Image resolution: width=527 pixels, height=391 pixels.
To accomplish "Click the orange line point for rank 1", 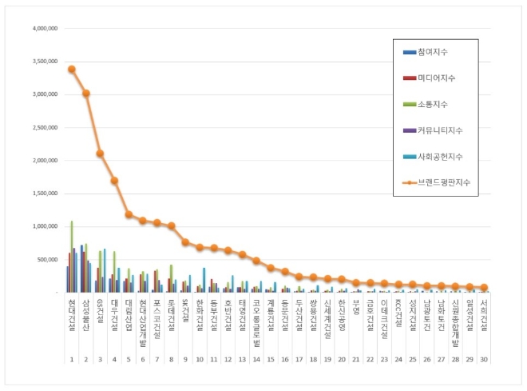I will [71, 69].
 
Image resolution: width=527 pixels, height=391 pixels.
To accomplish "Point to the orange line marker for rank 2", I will [85, 93].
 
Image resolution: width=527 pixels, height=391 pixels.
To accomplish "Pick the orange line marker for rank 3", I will [100, 154].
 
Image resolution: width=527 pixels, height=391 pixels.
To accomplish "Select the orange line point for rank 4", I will [114, 181].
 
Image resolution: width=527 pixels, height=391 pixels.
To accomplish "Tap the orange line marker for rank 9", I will [185, 242].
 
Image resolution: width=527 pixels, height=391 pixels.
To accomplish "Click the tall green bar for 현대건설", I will [72, 256].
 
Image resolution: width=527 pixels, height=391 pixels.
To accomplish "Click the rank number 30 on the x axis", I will [484, 360].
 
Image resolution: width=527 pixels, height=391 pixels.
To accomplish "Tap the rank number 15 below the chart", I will [271, 360].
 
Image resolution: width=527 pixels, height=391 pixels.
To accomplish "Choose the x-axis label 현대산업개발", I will [142, 320].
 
